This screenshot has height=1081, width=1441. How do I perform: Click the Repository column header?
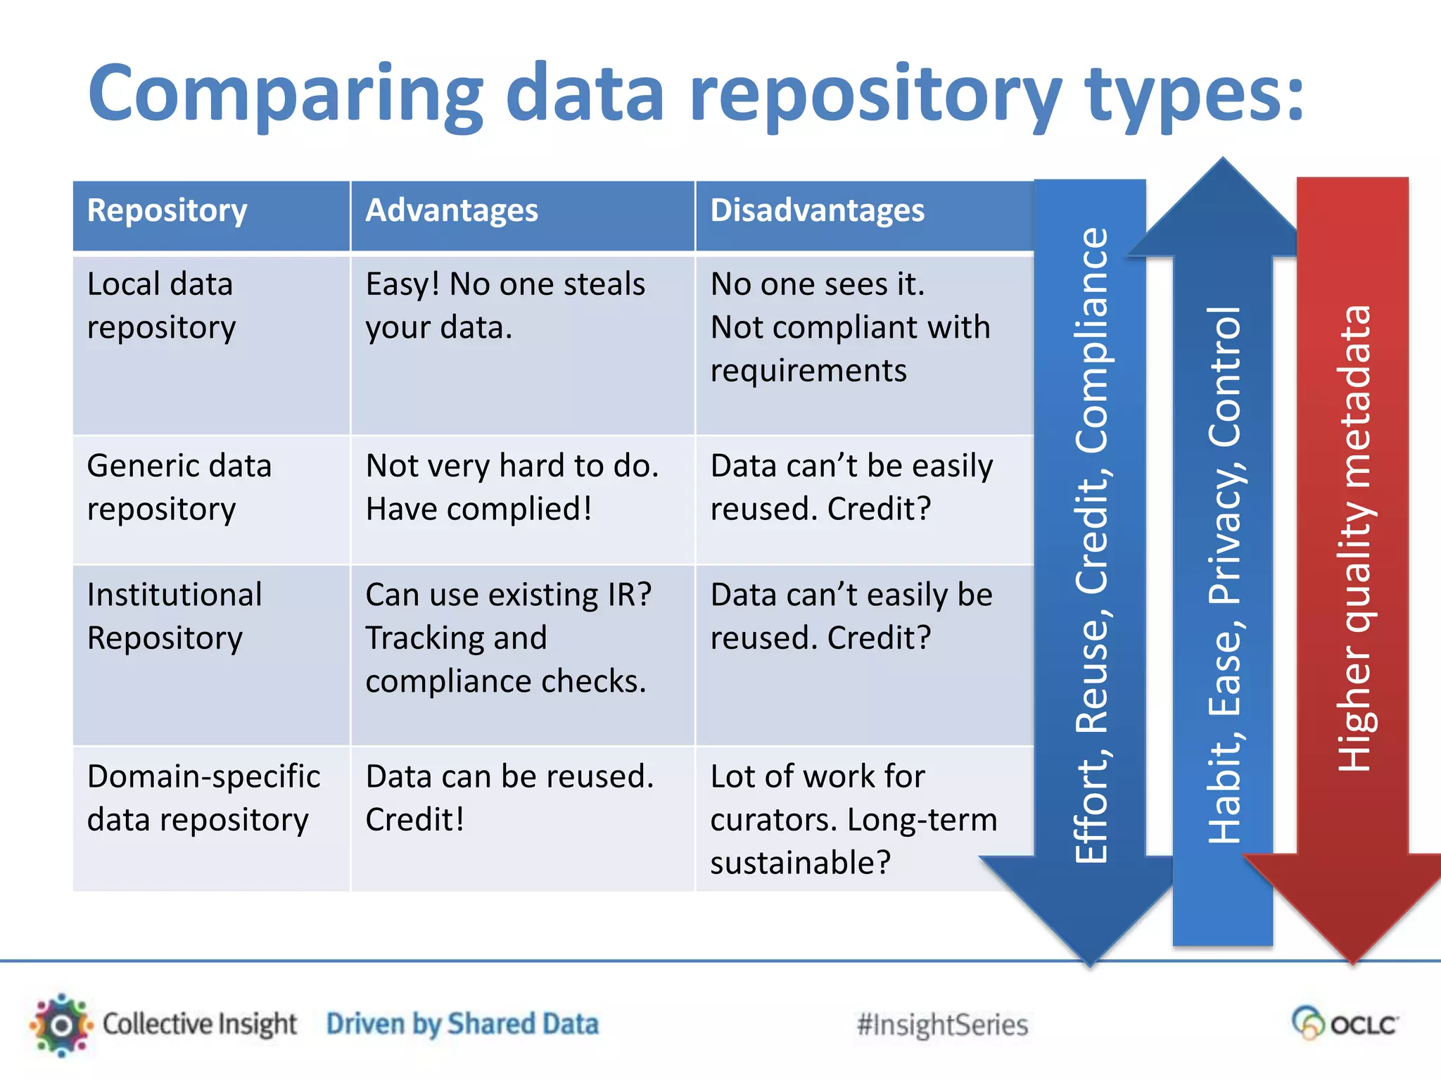pos(167,211)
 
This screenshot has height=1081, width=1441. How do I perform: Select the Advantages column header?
pos(452,211)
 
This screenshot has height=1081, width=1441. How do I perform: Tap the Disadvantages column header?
pos(817,211)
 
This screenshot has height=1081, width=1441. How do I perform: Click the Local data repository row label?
pos(161,305)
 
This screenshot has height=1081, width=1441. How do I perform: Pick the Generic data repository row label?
pos(179,487)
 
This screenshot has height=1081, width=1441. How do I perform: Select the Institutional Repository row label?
pos(174,616)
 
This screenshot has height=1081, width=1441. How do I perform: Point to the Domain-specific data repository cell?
pos(203,798)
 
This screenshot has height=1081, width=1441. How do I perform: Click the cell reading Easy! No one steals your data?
pos(504,305)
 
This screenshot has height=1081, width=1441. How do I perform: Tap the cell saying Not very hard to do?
pos(512,487)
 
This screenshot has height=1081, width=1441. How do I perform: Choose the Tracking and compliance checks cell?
pos(508,638)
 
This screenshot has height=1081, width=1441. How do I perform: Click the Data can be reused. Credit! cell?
pos(509,798)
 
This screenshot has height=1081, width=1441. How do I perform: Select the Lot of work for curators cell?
pos(853,819)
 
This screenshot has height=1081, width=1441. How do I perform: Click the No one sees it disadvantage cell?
pos(850,327)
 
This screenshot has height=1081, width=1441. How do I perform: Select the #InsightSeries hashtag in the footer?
pos(942,1025)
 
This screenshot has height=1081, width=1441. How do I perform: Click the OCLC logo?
pos(1345,1023)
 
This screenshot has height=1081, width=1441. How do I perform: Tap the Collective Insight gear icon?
pos(62,1025)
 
